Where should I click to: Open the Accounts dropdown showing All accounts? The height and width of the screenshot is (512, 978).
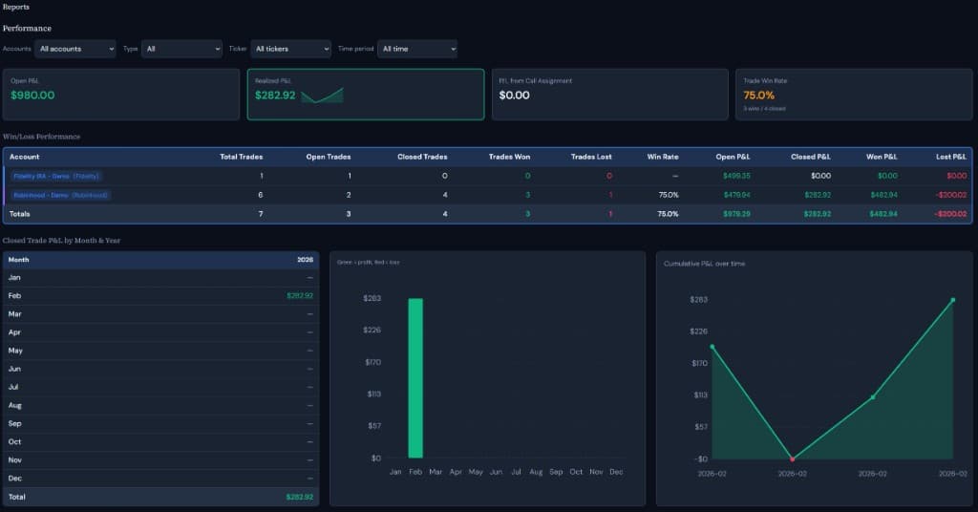click(74, 49)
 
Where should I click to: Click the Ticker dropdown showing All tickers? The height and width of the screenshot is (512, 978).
click(291, 49)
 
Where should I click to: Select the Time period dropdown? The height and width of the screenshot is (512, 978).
click(417, 49)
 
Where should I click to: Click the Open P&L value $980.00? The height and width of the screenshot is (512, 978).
click(32, 96)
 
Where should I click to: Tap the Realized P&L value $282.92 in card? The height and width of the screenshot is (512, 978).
click(275, 96)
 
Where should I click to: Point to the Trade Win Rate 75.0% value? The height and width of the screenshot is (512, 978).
click(759, 96)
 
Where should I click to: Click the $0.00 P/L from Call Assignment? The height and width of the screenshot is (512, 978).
click(515, 96)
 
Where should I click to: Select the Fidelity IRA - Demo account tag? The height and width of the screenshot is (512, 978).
click(56, 176)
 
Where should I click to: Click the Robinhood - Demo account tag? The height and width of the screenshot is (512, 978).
click(60, 195)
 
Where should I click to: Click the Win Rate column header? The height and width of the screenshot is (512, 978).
click(663, 157)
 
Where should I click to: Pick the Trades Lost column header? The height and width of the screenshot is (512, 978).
click(591, 157)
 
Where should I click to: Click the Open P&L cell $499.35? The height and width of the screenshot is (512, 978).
click(736, 176)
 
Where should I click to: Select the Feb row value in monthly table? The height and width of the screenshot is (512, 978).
click(299, 296)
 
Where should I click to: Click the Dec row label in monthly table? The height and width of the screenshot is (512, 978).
click(14, 479)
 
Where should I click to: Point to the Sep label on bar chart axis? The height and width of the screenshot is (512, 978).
click(556, 472)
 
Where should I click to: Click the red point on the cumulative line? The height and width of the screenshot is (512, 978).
click(792, 459)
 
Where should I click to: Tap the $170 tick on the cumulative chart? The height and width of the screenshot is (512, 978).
click(698, 363)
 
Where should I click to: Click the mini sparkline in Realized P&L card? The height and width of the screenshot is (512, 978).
click(322, 96)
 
